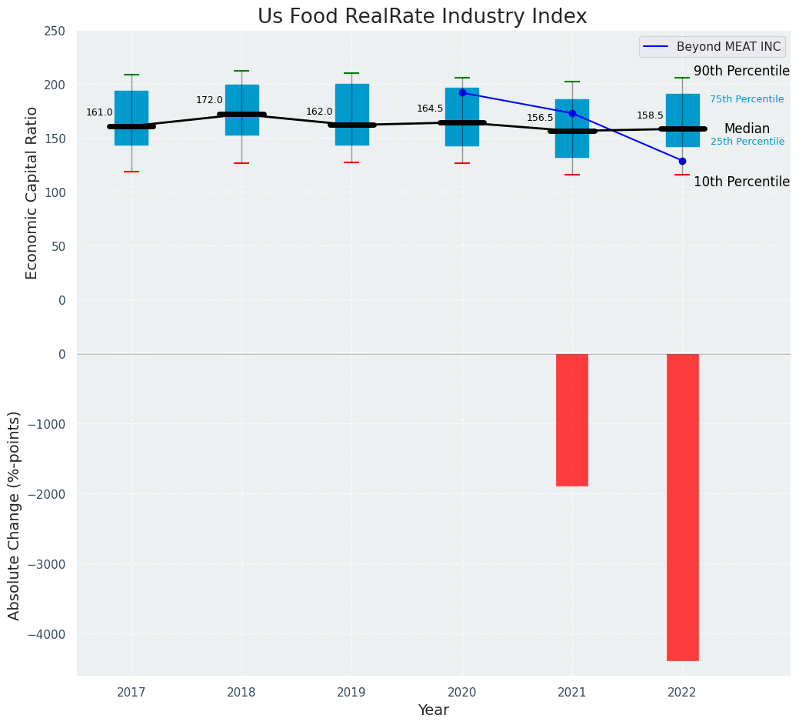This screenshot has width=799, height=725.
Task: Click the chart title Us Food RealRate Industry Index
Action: click(422, 17)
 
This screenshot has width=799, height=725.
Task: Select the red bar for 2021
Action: click(572, 419)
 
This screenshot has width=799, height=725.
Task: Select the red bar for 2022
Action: click(682, 506)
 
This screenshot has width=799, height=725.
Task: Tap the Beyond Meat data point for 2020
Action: click(462, 92)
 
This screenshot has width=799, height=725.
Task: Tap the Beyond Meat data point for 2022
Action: click(682, 161)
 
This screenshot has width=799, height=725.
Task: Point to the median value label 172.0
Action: click(209, 100)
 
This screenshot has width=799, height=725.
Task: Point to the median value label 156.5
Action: click(540, 118)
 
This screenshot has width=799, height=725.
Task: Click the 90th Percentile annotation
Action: click(741, 72)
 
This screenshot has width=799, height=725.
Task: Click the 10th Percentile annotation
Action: click(741, 182)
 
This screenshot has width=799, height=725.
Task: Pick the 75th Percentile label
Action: click(747, 99)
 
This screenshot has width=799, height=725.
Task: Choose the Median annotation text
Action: click(747, 129)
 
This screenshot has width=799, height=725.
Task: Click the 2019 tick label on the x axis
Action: click(352, 693)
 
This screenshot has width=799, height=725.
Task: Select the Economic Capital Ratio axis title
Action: click(32, 192)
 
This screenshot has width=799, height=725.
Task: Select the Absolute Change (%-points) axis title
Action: click(15, 515)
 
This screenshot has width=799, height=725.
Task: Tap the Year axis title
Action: click(434, 710)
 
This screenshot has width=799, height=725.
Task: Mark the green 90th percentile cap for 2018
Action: click(241, 71)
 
